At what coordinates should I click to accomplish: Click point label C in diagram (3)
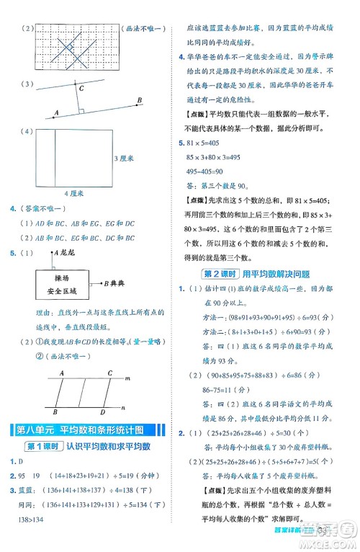(81, 89)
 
